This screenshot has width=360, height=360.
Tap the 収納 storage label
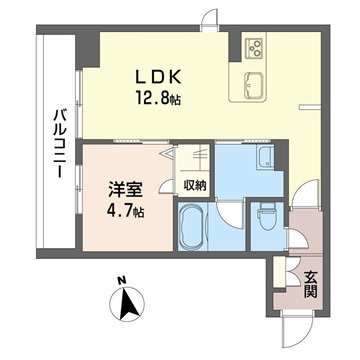coord(195,184)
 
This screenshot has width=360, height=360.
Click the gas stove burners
coord(255,47)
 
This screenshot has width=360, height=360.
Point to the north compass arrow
coord(127,303)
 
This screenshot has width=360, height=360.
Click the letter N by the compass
coord(120,280)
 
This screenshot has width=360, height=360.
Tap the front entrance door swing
coord(297,320)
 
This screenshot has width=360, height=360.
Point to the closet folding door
coord(198,158)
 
